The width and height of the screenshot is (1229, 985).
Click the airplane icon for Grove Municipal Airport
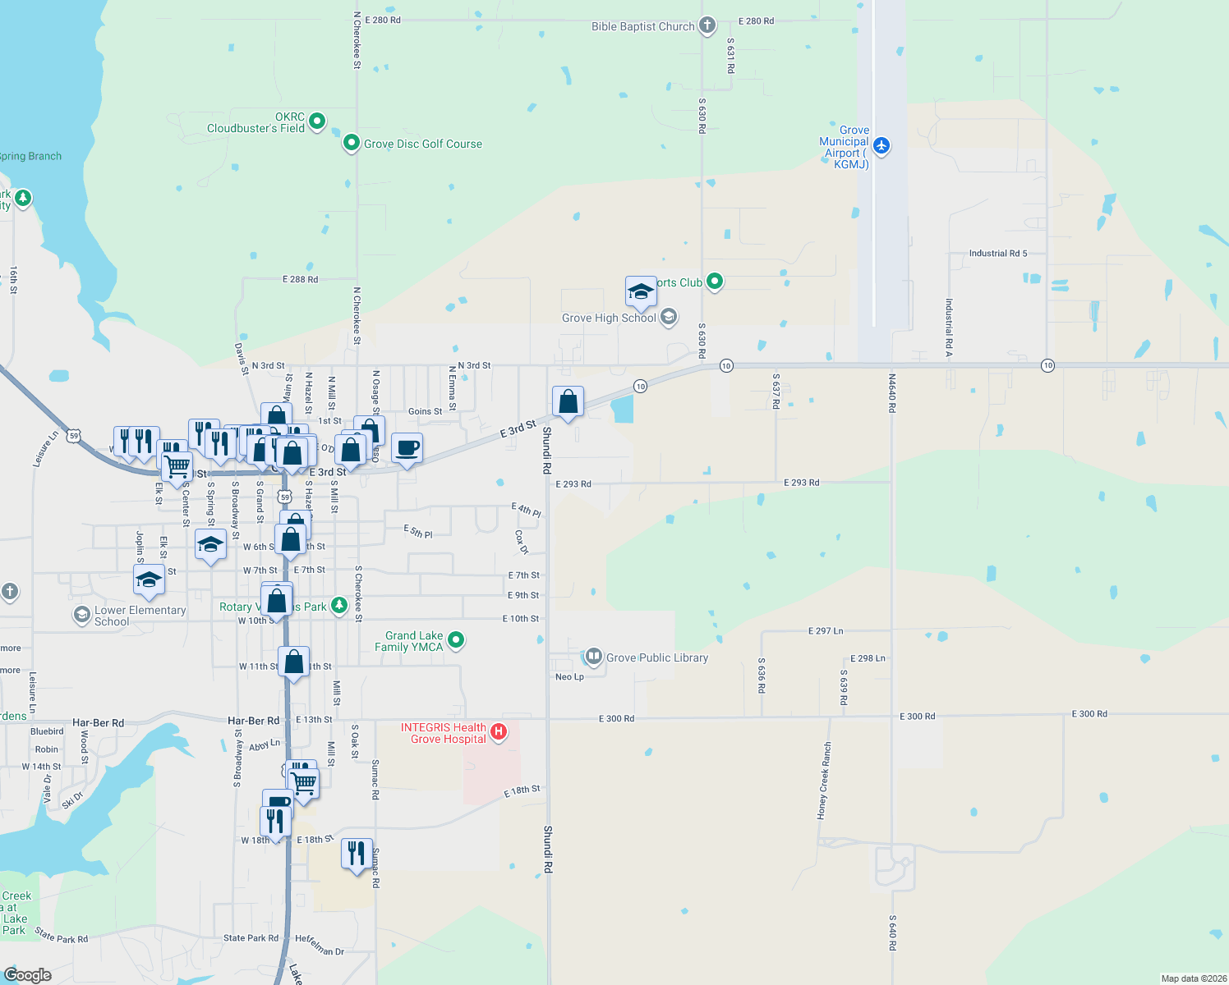[881, 145]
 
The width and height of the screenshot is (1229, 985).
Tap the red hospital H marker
[498, 731]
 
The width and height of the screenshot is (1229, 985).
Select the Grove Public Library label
[656, 657]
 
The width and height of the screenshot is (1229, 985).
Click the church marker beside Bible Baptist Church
[707, 25]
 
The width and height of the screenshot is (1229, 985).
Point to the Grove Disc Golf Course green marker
[352, 144]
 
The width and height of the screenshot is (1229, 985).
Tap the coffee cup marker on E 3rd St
[407, 449]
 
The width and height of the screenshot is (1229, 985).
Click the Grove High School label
[609, 318]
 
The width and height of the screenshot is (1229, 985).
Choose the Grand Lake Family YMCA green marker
[457, 639]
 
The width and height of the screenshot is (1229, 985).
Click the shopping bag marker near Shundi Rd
[568, 402]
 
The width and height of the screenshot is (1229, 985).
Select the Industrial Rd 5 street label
[997, 254]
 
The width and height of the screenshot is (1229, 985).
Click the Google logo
[28, 975]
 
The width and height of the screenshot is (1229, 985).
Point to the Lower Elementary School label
[140, 616]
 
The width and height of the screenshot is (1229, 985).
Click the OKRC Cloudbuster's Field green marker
[316, 121]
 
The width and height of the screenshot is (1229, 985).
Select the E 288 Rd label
[300, 280]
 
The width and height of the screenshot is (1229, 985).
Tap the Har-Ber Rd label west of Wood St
[98, 723]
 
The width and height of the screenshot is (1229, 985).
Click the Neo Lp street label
[569, 677]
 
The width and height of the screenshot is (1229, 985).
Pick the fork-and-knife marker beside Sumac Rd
[357, 854]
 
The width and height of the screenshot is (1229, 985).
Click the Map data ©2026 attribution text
[1194, 978]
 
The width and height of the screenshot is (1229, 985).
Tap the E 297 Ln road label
[826, 631]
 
